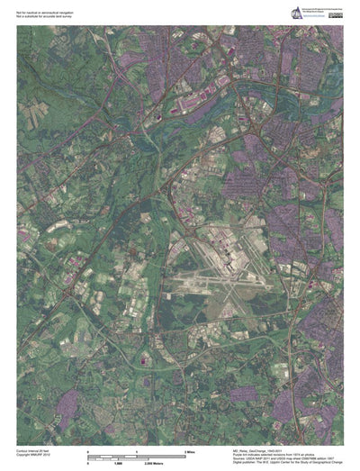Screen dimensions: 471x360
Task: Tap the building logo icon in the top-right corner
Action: coord(294,12)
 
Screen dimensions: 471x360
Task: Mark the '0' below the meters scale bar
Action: coord(87,463)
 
